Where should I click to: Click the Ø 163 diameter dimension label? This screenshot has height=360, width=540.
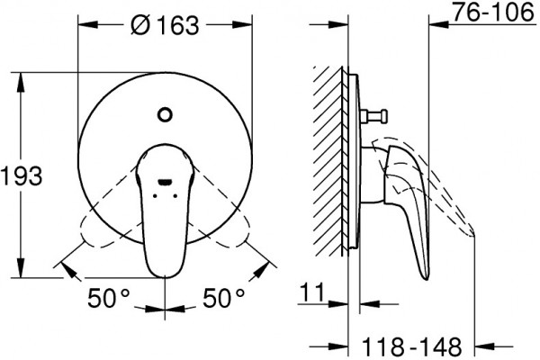pyautogui.click(x=165, y=25)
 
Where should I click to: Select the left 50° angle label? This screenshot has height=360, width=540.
pyautogui.click(x=109, y=298)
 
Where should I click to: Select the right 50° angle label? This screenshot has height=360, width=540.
pyautogui.click(x=223, y=298)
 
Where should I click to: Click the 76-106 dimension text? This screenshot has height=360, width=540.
pyautogui.click(x=493, y=13)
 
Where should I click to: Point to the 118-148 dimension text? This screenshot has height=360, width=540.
pyautogui.click(x=412, y=346)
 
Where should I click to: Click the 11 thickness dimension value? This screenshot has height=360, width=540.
pyautogui.click(x=312, y=292)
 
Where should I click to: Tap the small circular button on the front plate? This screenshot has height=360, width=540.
pyautogui.click(x=165, y=114)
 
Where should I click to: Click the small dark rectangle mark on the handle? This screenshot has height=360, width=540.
pyautogui.click(x=165, y=182)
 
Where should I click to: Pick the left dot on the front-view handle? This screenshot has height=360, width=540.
pyautogui.click(x=155, y=195)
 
